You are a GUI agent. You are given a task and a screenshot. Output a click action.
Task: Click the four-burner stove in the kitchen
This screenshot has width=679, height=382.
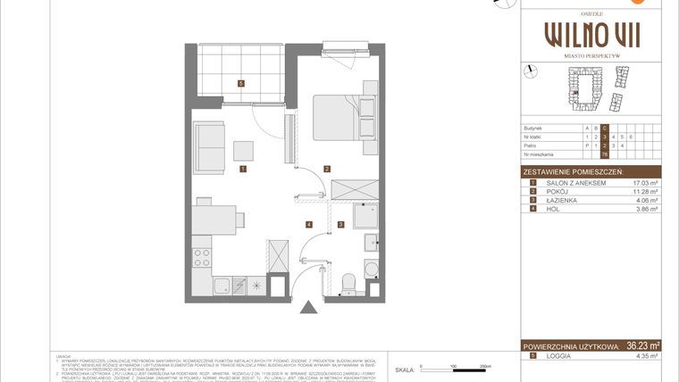pyautogui.click(x=202, y=258)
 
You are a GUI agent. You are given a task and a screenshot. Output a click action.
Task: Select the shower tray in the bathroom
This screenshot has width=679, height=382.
pyautogui.click(x=366, y=218)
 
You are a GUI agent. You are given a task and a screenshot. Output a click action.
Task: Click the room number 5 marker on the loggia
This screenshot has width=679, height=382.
pyautogui.click(x=241, y=84)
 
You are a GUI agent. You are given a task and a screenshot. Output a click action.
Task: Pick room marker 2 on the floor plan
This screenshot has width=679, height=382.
pyautogui.click(x=328, y=168)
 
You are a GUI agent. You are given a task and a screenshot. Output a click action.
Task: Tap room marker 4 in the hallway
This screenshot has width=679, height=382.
pyautogui.click(x=308, y=224)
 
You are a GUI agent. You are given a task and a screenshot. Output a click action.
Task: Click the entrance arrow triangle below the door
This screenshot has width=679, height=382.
pyautogui.click(x=308, y=308)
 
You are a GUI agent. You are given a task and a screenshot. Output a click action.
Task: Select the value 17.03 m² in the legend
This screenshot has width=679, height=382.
pyautogui.click(x=643, y=182)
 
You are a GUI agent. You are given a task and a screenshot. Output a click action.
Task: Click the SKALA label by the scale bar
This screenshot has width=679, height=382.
pyautogui.click(x=405, y=368)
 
